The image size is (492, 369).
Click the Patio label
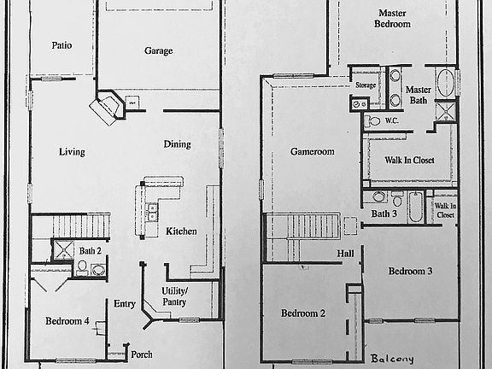pos(61,45)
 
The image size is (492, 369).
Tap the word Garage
pos(159,51)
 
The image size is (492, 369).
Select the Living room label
pos(72,152)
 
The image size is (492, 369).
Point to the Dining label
pos(178,144)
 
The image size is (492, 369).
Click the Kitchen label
pos(181,231)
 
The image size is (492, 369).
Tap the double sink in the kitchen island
pos(153,212)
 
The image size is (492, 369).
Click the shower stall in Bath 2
pos(64,249)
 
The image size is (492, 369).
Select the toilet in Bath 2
pos(83,268)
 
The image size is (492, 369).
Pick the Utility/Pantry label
pos(174,296)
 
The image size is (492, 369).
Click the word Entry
pos(124,304)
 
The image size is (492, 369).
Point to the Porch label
pos(142,354)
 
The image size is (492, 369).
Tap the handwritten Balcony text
pos(392,359)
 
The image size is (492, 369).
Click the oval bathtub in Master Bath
pos(446,83)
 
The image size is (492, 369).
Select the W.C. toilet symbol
pos(372,121)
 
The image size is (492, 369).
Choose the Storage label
pos(366,85)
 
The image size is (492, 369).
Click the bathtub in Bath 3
pos(416,207)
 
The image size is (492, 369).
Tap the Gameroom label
pos(313,152)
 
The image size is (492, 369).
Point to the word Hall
pos(345,254)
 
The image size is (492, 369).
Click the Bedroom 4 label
pos(67,321)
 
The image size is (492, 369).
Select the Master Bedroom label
pos(392,19)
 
